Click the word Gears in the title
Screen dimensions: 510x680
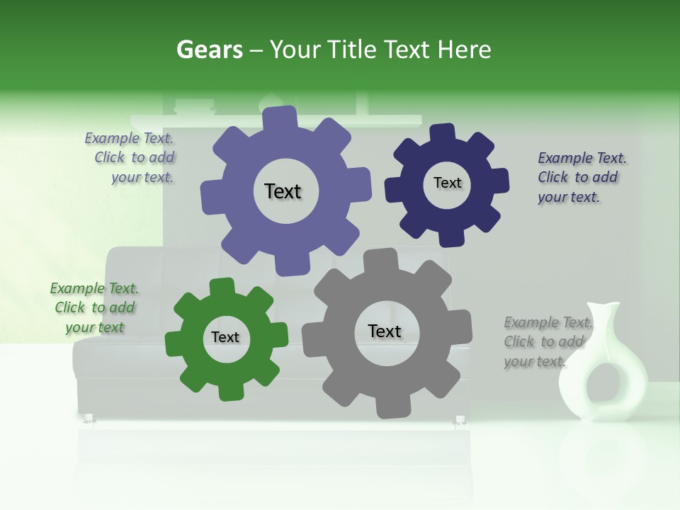click(209, 50)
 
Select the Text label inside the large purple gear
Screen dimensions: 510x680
click(283, 191)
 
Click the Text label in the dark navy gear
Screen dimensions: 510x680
click(447, 183)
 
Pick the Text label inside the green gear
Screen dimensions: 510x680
click(225, 338)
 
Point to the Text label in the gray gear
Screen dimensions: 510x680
click(385, 331)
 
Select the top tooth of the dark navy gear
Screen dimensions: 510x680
click(443, 132)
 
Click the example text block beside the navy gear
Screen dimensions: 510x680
click(582, 178)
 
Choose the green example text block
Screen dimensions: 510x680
click(94, 308)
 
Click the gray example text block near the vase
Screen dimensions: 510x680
click(547, 342)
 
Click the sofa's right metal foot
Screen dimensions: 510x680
click(460, 421)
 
